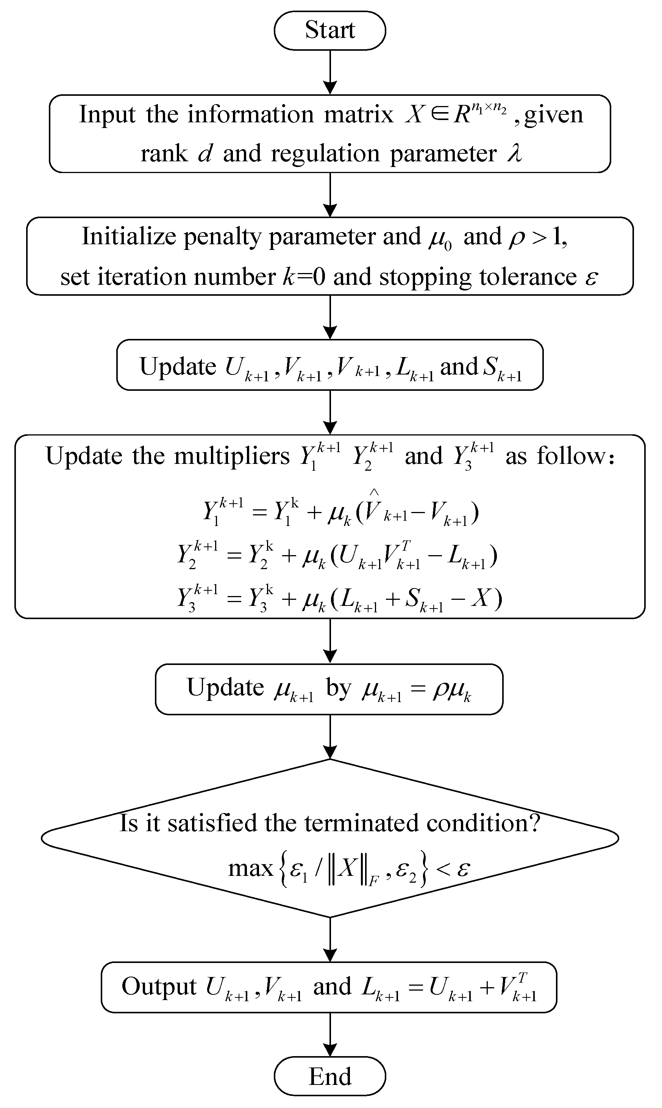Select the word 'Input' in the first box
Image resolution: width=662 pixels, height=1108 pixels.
coord(107,115)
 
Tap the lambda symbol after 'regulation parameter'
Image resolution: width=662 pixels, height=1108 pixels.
coord(514,153)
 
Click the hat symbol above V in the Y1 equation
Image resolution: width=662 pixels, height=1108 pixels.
coord(374,492)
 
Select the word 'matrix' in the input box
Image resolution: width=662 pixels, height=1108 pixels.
coord(358,115)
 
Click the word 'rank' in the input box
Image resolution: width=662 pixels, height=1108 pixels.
coord(164,154)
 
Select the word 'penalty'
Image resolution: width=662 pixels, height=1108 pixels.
coord(223,236)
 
